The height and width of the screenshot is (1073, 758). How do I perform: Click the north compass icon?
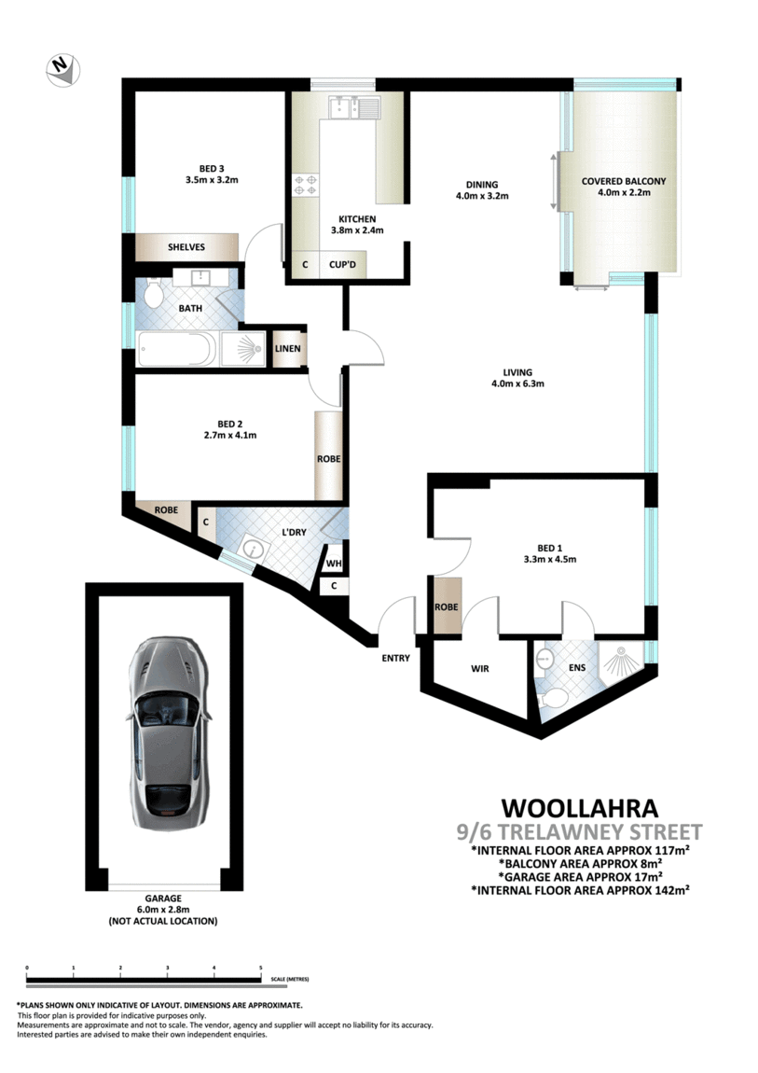tap(62, 67)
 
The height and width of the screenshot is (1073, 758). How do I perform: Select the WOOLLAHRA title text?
tap(579, 806)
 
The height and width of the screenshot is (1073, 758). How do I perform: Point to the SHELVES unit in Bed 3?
tap(186, 247)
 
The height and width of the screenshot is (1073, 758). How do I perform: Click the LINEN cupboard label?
tap(287, 349)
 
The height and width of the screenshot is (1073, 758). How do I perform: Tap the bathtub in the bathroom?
tap(176, 351)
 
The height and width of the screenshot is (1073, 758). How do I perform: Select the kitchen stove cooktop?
tap(306, 187)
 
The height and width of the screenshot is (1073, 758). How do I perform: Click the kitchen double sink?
tap(351, 109)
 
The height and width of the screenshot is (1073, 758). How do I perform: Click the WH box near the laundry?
tap(332, 564)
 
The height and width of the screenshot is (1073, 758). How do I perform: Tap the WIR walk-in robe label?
tap(479, 669)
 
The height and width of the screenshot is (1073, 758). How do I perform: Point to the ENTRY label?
tap(395, 659)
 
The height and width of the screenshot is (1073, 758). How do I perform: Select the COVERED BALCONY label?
tap(624, 181)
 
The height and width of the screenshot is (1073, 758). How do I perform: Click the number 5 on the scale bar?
tap(260, 968)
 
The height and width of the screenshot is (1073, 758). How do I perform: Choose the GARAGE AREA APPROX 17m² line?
tap(581, 876)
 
